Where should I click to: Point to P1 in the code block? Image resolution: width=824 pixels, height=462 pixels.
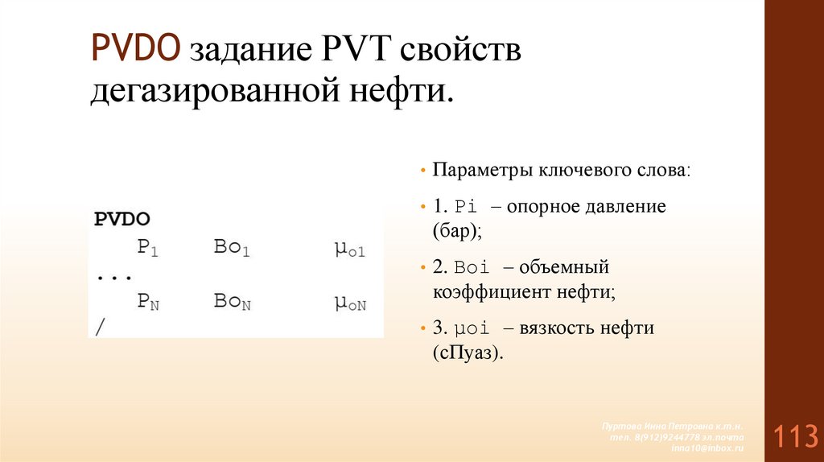pos(148,247)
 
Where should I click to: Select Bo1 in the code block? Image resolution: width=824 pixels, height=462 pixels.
pos(233,247)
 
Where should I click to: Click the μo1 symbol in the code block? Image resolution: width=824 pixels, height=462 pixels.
pos(350,248)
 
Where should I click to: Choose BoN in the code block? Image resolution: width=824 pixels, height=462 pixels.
pos(233,302)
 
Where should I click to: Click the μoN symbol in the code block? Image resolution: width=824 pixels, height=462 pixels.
pos(350,303)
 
